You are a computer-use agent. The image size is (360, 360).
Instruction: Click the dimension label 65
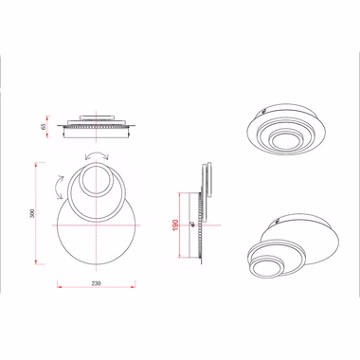tap(44, 126)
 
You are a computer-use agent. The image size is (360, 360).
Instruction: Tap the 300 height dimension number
tap(31, 213)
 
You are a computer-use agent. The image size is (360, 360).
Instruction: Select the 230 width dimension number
tap(96, 283)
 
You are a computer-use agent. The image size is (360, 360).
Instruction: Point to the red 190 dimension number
tap(176, 225)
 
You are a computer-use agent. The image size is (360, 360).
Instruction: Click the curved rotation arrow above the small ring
tap(97, 154)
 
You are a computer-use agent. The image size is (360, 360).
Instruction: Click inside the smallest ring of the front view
tap(96, 181)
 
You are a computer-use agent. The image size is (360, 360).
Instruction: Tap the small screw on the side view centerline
tap(191, 225)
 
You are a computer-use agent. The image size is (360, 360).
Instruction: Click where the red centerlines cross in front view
tap(96, 225)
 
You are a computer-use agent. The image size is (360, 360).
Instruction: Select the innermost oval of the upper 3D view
tap(287, 140)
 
